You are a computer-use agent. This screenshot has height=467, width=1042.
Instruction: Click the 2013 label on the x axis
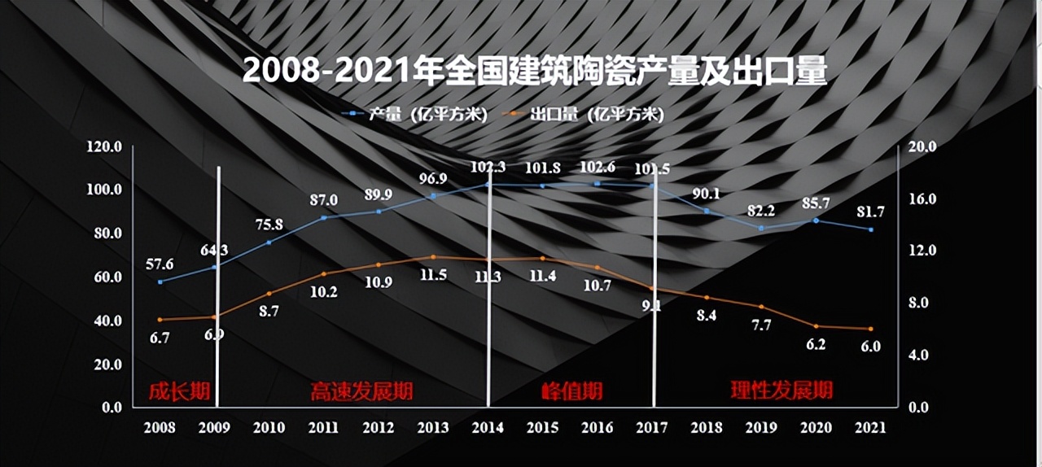pyautogui.click(x=432, y=427)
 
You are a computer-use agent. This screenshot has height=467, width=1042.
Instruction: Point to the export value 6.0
pyautogui.click(x=870, y=347)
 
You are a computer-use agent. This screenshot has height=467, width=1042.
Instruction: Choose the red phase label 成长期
pyautogui.click(x=179, y=391)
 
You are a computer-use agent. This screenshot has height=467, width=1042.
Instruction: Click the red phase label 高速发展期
pyautogui.click(x=361, y=391)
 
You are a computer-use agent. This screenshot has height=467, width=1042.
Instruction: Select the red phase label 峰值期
pyautogui.click(x=571, y=391)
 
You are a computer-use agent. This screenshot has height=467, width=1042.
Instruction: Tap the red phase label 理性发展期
pyautogui.click(x=781, y=391)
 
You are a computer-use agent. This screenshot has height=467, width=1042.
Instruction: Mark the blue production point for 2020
pyautogui.click(x=816, y=220)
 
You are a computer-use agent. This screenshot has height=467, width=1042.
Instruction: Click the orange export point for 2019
pyautogui.click(x=761, y=307)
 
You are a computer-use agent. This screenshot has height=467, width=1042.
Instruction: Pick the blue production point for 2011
pyautogui.click(x=323, y=217)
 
